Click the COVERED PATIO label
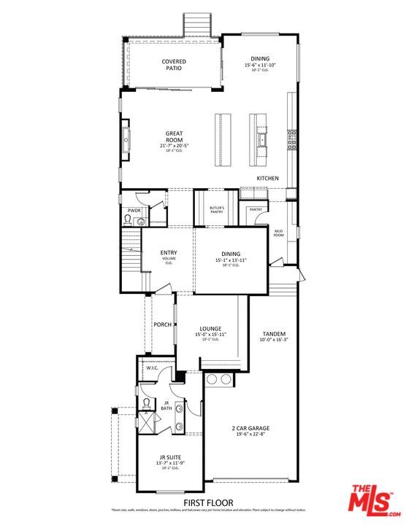point(173,65)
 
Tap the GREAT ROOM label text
point(174,136)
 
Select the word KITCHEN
point(267,178)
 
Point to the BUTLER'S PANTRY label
point(217,211)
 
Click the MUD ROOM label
point(278,233)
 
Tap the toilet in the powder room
point(129,218)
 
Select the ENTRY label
point(169,253)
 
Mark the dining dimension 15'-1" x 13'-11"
point(231,260)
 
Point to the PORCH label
point(162,324)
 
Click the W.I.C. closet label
point(152,368)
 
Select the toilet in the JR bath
point(146,403)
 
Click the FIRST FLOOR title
point(208,502)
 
